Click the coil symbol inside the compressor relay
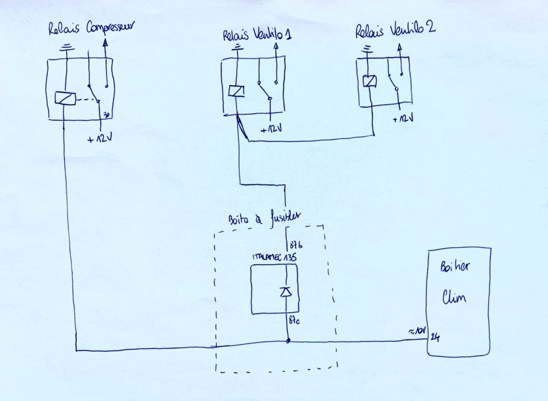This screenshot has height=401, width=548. pyautogui.click(x=65, y=99)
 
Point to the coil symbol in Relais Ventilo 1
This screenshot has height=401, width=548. pyautogui.click(x=236, y=91)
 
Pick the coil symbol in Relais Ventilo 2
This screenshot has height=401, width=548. pyautogui.click(x=369, y=81)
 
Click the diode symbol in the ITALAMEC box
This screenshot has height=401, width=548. pyautogui.click(x=286, y=292)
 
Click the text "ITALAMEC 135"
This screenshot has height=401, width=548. pyautogui.click(x=274, y=257)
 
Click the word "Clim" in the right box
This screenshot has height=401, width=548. pyautogui.click(x=454, y=296)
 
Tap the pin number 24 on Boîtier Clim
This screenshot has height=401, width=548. pyautogui.click(x=435, y=338)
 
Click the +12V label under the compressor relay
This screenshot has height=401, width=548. pyautogui.click(x=99, y=139)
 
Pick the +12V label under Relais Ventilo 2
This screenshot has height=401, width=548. pyautogui.click(x=403, y=119)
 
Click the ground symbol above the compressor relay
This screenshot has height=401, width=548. pyautogui.click(x=66, y=48)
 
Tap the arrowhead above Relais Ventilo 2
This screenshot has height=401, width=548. pyautogui.click(x=399, y=47)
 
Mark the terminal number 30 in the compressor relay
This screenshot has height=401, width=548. pyautogui.click(x=106, y=115)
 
